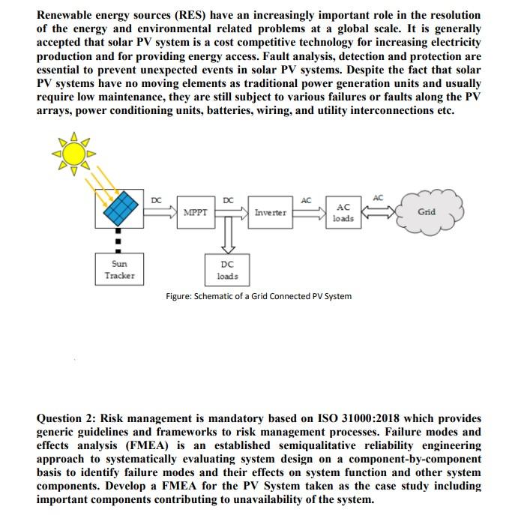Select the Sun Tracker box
tap(120, 270)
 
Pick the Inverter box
tap(270, 213)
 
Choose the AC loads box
tap(343, 213)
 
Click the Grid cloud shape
tap(427, 211)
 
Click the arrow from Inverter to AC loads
tap(307, 213)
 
